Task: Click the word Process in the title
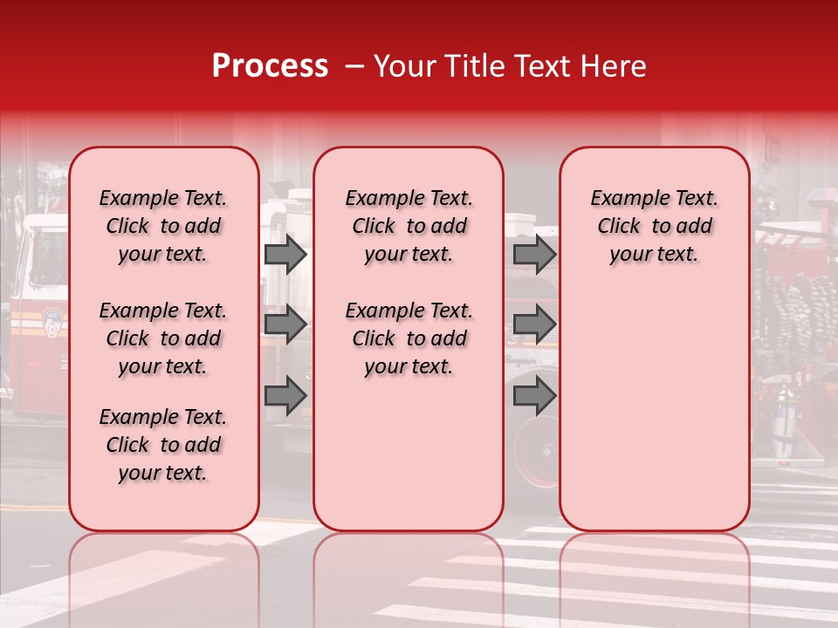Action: [x=270, y=66]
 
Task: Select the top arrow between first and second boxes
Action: [x=285, y=255]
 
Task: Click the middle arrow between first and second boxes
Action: [x=285, y=324]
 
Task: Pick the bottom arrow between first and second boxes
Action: [x=285, y=395]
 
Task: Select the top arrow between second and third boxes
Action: [x=534, y=255]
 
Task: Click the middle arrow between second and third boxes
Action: [x=534, y=324]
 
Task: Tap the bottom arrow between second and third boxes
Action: [x=534, y=395]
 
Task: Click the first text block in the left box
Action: [x=163, y=226]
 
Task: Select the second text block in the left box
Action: [x=163, y=338]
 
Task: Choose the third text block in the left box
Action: [x=163, y=445]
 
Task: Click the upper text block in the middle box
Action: [x=409, y=226]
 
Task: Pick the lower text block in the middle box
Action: [x=409, y=338]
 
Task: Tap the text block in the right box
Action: [x=654, y=226]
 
